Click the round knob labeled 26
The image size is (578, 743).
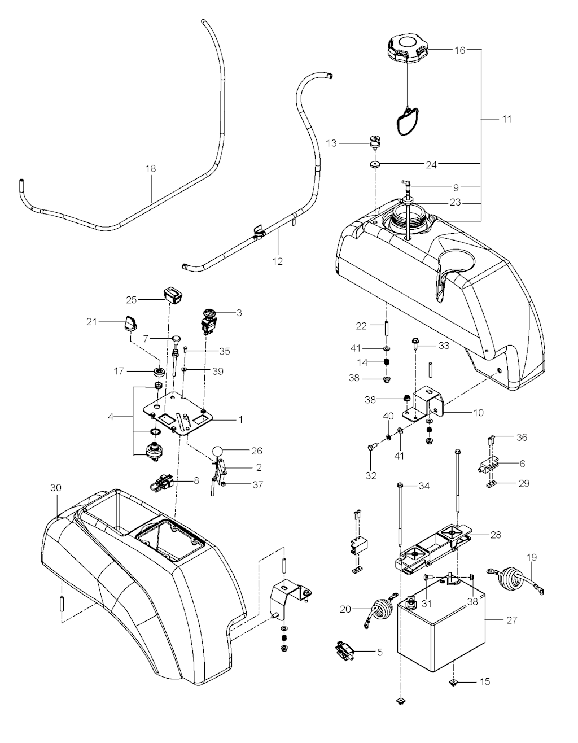click(218, 451)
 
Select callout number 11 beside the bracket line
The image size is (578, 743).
click(506, 119)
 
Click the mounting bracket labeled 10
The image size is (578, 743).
click(429, 402)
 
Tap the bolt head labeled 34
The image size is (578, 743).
click(400, 486)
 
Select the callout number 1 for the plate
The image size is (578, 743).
click(240, 420)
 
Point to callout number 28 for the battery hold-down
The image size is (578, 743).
click(496, 534)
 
